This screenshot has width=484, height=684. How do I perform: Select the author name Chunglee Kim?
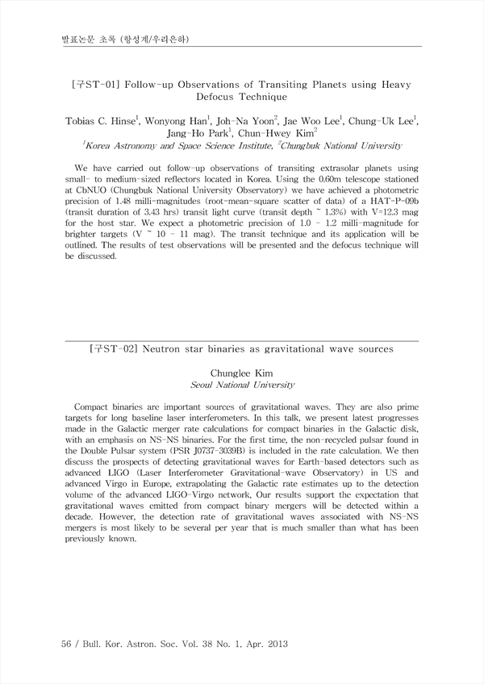click(x=242, y=373)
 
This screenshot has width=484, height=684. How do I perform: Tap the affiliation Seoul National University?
click(x=242, y=386)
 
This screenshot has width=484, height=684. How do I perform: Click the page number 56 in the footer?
click(x=68, y=644)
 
